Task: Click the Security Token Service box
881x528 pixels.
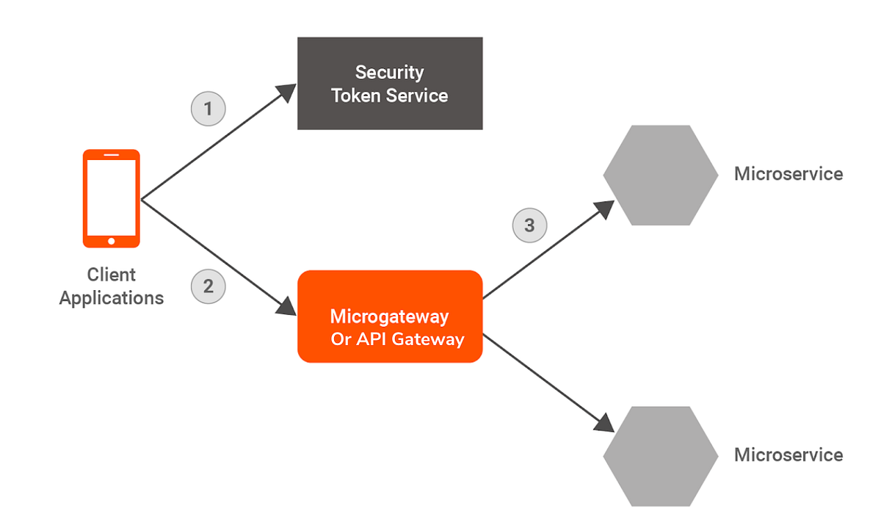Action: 390,84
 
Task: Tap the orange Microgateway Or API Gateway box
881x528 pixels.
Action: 390,317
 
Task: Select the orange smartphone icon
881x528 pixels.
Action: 111,198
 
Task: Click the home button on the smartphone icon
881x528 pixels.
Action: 111,240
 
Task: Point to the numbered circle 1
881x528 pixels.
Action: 208,109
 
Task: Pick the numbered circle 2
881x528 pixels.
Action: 208,286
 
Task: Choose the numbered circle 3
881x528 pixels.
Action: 529,225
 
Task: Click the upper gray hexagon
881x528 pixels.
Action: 660,175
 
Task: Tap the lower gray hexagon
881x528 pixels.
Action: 660,456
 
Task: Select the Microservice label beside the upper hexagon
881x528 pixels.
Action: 788,174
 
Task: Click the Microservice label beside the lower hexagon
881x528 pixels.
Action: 788,455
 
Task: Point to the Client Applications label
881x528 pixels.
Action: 112,286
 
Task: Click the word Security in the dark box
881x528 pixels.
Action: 389,73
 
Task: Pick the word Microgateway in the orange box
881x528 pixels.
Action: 389,317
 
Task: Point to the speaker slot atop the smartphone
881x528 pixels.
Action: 111,156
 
